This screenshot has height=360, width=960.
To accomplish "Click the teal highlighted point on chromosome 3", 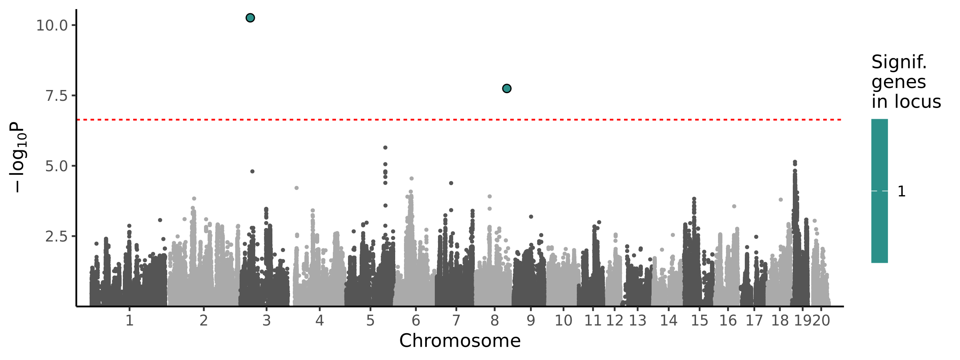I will click(x=250, y=18).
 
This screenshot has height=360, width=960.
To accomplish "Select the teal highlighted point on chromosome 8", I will click(x=506, y=88).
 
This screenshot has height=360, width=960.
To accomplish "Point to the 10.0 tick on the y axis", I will click(x=52, y=26).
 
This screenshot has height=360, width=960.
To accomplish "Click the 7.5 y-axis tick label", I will click(x=56, y=96).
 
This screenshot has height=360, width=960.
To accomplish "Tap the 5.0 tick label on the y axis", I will click(x=56, y=166).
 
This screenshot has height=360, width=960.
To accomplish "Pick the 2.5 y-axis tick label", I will click(x=56, y=237).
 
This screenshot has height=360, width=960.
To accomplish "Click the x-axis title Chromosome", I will click(x=460, y=341).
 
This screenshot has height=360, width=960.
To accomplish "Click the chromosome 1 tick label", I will click(x=129, y=321).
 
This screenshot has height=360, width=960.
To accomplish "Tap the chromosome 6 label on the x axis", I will click(x=416, y=321).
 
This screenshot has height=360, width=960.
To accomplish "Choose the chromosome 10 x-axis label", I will click(x=563, y=321).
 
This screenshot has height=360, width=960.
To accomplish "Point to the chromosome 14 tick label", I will click(x=668, y=321).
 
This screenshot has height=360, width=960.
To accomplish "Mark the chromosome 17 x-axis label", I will click(x=754, y=321).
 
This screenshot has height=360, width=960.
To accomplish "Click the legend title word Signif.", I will click(x=899, y=62).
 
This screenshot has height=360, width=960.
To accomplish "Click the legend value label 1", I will click(x=901, y=192).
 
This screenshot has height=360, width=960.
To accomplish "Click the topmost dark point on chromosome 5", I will click(x=385, y=148).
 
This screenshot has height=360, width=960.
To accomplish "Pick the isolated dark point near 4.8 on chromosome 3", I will click(x=252, y=171).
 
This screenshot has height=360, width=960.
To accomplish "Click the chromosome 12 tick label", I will click(x=614, y=321).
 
